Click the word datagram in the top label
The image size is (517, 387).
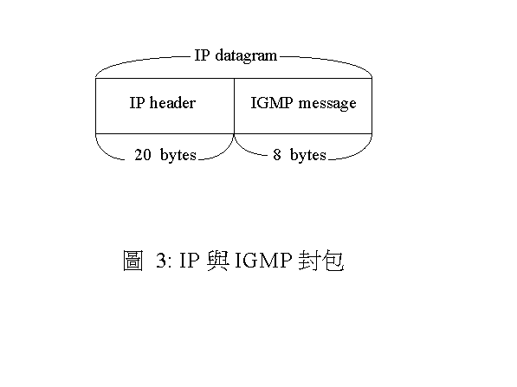click(246, 56)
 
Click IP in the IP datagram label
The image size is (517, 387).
click(202, 55)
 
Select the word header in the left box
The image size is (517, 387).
click(172, 102)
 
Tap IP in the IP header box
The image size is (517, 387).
click(137, 102)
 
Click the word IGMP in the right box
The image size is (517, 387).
click(272, 102)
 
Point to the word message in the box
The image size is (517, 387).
click(327, 104)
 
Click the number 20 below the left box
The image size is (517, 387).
click(143, 155)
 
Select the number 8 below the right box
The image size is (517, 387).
click(277, 155)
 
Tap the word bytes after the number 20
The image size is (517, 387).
click(178, 155)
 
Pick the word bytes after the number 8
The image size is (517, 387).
click(308, 155)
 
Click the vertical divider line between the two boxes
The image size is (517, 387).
click(234, 106)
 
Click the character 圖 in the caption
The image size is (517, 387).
click(132, 261)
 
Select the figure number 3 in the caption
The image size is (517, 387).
click(161, 261)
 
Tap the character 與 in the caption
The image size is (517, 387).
click(218, 261)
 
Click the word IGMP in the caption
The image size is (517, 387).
click(263, 261)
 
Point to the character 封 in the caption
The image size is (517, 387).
click(309, 261)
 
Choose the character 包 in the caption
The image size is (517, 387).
click(333, 261)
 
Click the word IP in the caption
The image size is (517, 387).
click(190, 261)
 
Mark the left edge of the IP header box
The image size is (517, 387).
click(95, 106)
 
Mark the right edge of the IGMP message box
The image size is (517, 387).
click(372, 106)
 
